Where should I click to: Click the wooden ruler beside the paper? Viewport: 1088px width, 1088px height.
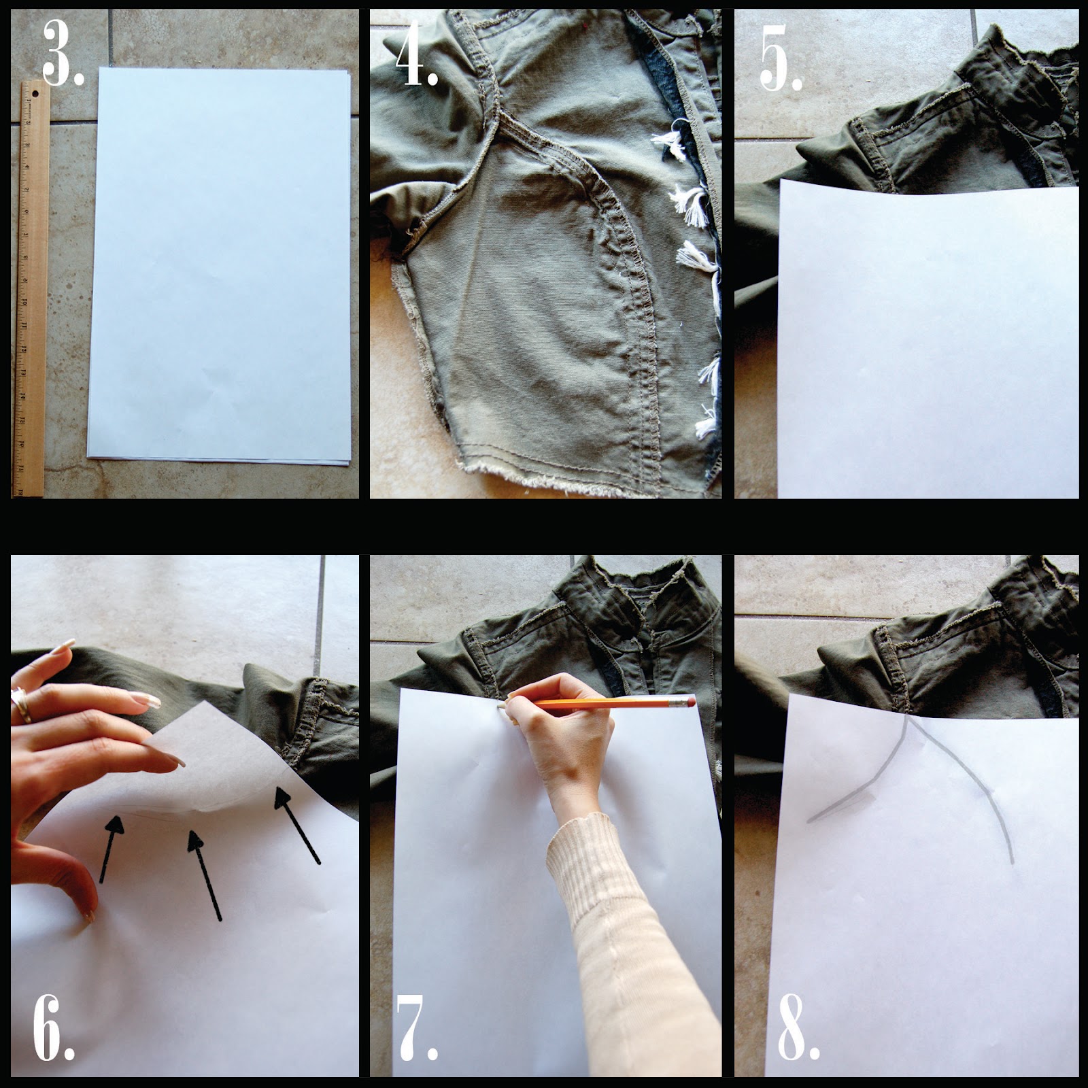click(x=27, y=288)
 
